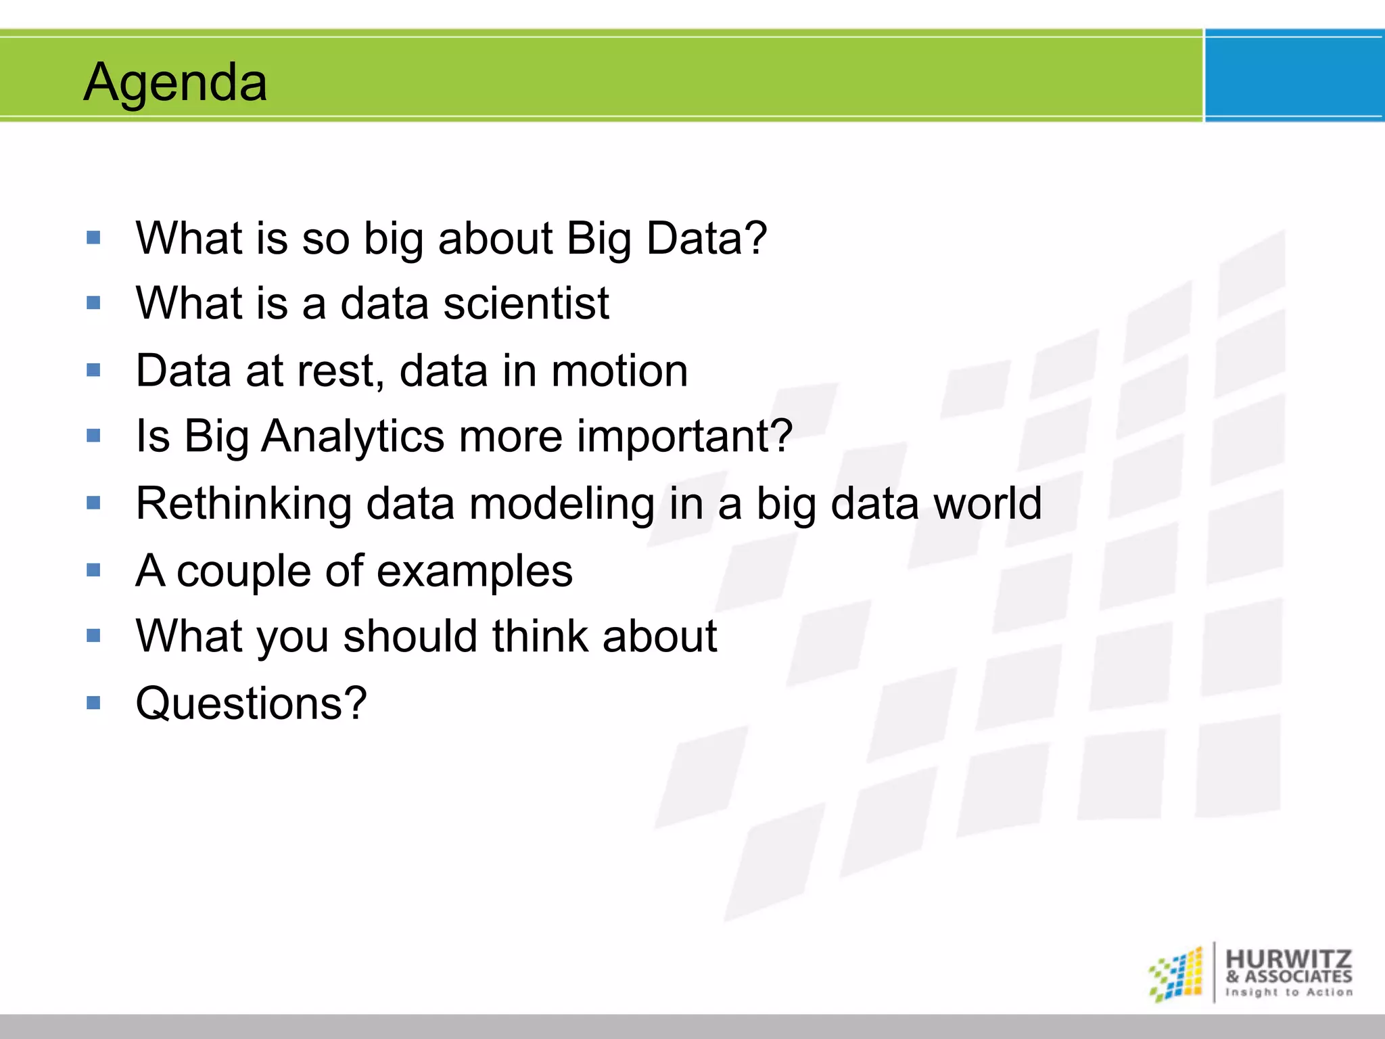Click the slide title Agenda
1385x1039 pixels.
tap(175, 83)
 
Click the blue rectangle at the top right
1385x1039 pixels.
tap(1294, 76)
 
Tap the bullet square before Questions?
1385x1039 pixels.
tap(93, 703)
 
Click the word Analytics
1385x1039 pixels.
tap(352, 436)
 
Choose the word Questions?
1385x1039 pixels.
tap(251, 703)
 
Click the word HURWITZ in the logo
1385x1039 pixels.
tap(1288, 959)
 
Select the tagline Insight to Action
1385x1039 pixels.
tap(1289, 992)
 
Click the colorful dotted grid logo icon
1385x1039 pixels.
tap(1176, 974)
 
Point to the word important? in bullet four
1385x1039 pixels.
tap(684, 436)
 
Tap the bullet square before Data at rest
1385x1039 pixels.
tap(93, 370)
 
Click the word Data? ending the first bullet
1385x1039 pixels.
tap(706, 238)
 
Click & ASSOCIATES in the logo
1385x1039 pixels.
tap(1288, 977)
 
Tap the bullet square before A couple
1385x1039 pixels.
tap(93, 570)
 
